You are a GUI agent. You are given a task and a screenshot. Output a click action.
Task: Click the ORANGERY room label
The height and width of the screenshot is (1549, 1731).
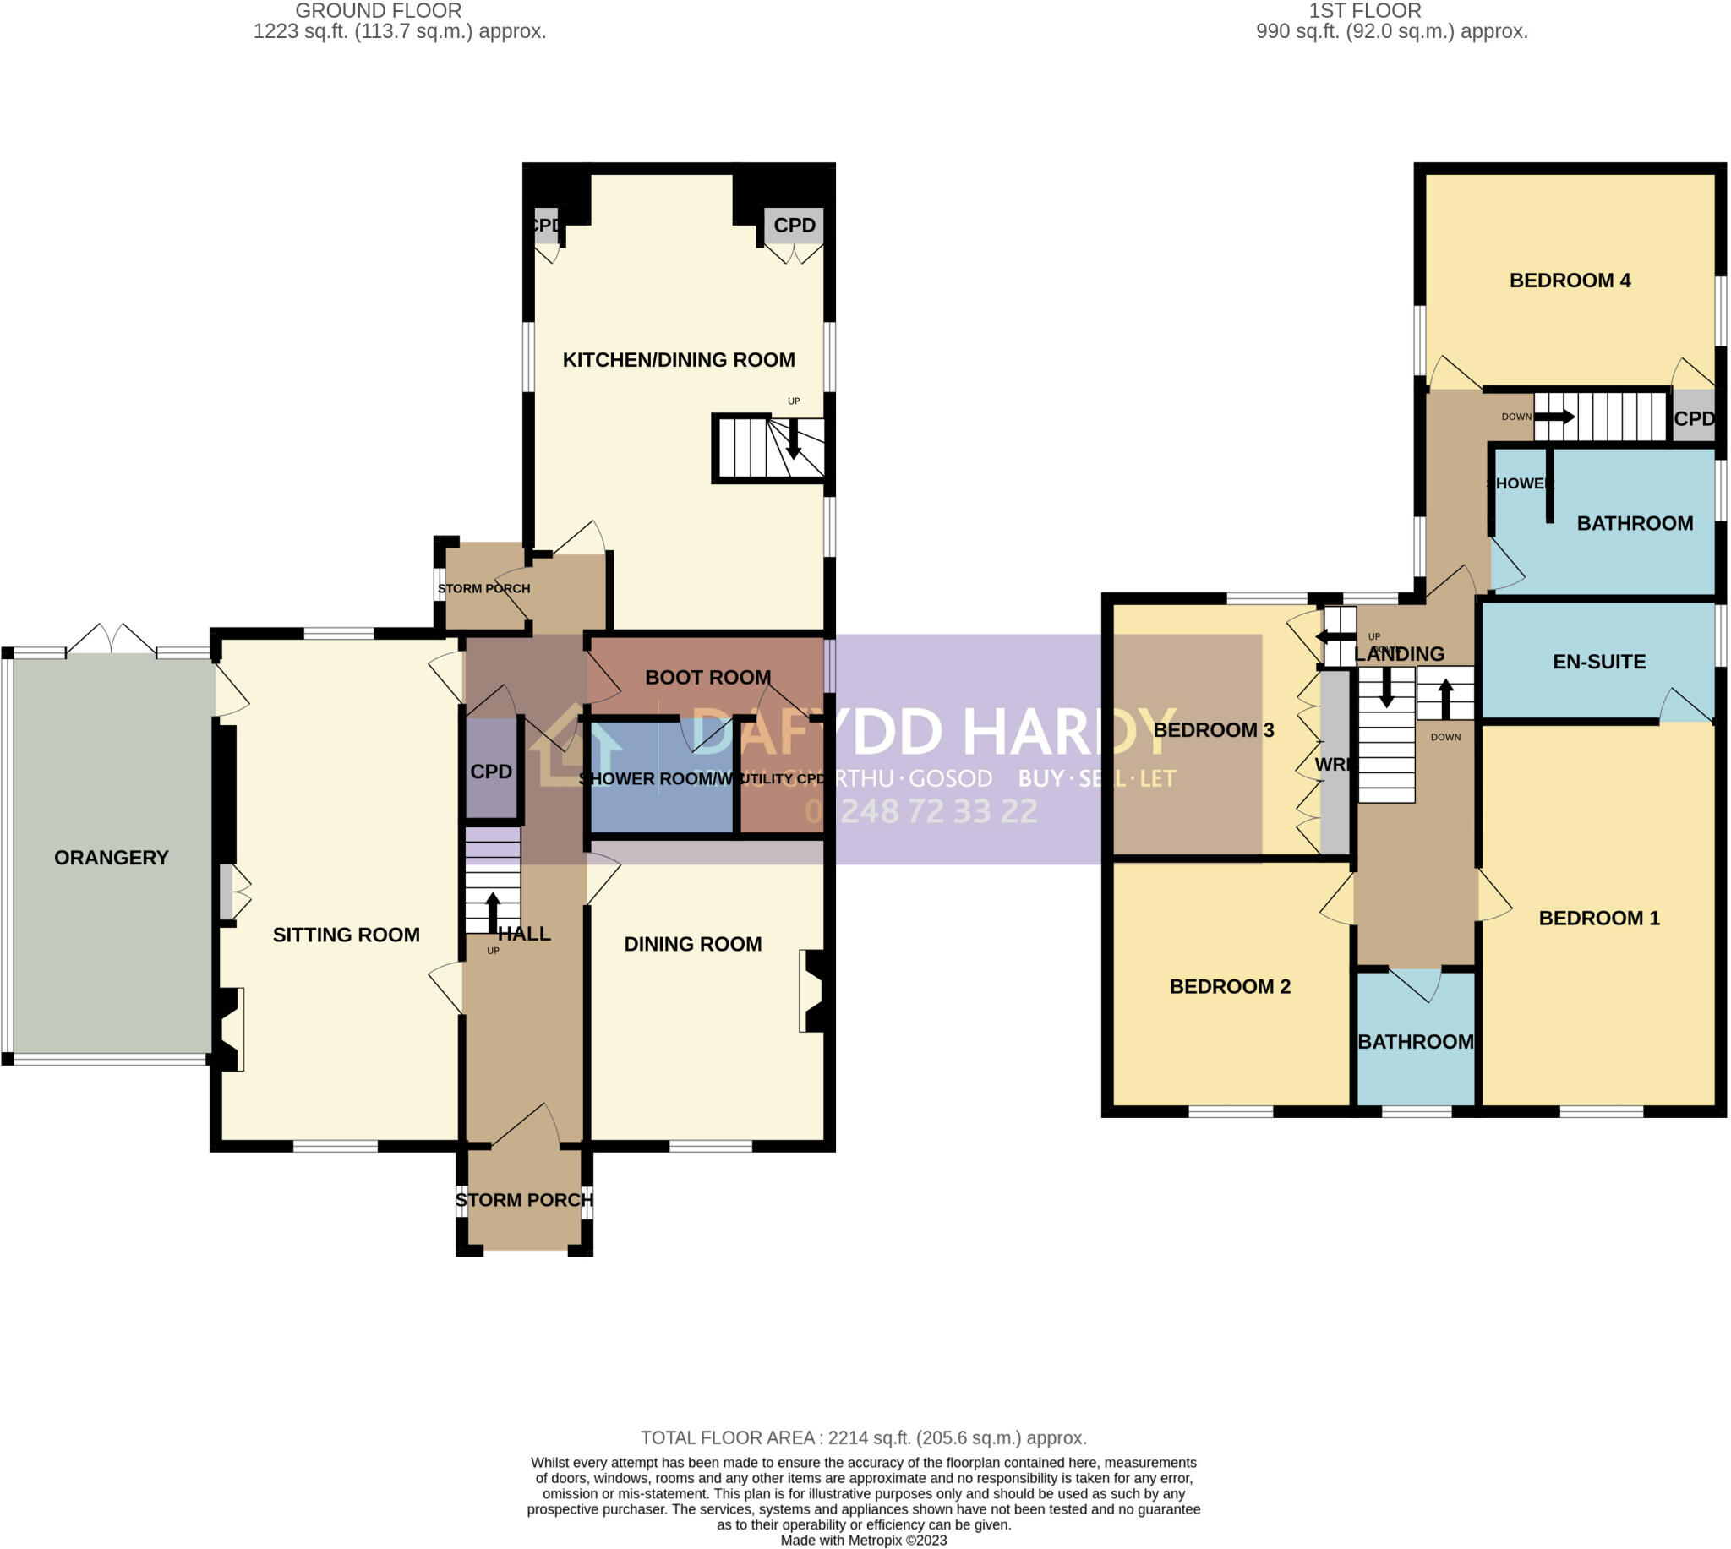(x=112, y=857)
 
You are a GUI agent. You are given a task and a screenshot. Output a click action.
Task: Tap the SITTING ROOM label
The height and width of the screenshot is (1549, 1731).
(x=346, y=935)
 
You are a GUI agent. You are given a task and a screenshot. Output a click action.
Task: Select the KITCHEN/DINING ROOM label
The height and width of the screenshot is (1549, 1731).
(x=678, y=359)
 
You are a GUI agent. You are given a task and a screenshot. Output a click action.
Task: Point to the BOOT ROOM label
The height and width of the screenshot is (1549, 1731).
(x=707, y=677)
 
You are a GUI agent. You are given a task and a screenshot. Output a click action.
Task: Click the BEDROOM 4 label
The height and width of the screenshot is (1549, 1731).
(x=1570, y=280)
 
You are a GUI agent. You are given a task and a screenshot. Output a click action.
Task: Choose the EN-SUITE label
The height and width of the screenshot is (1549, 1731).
(x=1598, y=662)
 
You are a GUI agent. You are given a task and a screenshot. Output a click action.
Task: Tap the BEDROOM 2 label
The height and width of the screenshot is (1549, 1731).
(x=1229, y=986)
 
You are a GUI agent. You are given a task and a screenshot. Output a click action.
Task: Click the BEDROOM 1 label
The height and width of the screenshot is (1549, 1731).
(x=1598, y=918)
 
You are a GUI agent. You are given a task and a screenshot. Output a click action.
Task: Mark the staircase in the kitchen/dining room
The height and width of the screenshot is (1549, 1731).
(x=767, y=449)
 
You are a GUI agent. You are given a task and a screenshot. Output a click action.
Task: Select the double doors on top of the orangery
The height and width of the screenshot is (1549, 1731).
(x=111, y=640)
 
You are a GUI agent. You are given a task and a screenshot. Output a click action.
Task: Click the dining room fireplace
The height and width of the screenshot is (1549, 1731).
(x=814, y=990)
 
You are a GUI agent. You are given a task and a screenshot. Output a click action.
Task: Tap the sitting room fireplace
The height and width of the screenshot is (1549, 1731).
(x=228, y=1028)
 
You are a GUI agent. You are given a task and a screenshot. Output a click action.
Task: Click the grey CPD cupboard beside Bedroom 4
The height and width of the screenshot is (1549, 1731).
(x=1693, y=418)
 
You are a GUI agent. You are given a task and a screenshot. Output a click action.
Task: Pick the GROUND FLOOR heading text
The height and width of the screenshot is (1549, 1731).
(x=378, y=11)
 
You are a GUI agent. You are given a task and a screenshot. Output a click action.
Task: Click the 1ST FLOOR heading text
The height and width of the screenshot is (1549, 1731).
(x=1364, y=11)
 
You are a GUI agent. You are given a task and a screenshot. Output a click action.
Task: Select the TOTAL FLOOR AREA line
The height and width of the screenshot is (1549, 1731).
(x=863, y=1437)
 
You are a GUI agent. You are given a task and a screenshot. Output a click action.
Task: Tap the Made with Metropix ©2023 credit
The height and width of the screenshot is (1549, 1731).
(x=863, y=1540)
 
